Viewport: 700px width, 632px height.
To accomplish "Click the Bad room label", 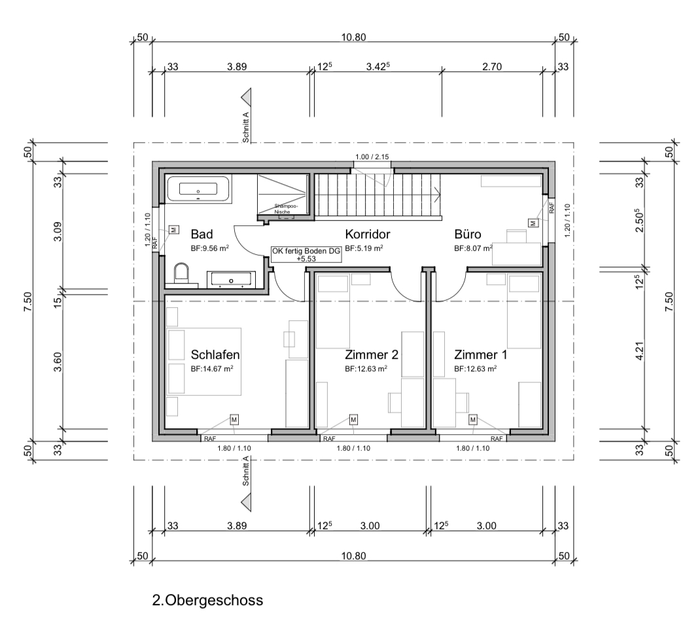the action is [201, 234].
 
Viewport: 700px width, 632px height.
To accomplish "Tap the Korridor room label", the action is [368, 234].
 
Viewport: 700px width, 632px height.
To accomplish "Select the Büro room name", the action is [467, 234].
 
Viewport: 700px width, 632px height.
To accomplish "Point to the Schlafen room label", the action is [215, 355].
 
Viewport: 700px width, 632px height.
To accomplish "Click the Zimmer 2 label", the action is [372, 355].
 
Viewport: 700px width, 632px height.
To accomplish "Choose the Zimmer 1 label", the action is [481, 355].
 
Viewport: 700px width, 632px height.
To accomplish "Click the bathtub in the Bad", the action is [199, 189].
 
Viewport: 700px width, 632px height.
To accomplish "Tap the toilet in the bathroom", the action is [182, 273].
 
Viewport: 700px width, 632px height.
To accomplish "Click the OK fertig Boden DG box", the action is [306, 254].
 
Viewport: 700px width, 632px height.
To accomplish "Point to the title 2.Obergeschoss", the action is [207, 600].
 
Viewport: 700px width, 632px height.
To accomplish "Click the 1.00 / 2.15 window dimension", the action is [372, 157].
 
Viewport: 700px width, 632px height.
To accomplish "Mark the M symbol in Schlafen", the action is [234, 420].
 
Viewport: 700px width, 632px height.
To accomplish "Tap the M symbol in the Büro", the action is [532, 223].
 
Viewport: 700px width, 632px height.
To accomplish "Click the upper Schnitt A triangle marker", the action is [246, 97].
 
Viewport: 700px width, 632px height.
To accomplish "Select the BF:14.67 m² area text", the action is [212, 369].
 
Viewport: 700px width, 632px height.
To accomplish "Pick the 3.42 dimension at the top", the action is [378, 67].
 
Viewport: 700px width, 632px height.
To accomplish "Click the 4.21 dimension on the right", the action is [640, 351].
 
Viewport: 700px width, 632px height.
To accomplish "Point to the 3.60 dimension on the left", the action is [58, 362].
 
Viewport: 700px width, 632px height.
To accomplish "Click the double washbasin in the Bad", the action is [231, 280].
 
